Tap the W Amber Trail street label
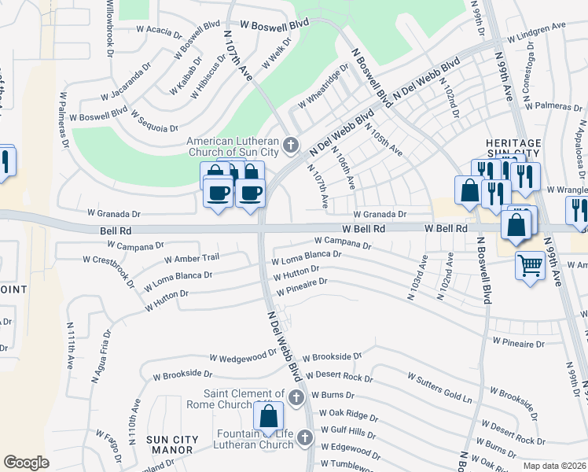(191, 258)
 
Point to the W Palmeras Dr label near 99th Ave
(553, 105)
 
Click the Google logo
(26, 463)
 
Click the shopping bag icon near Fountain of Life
(268, 415)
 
